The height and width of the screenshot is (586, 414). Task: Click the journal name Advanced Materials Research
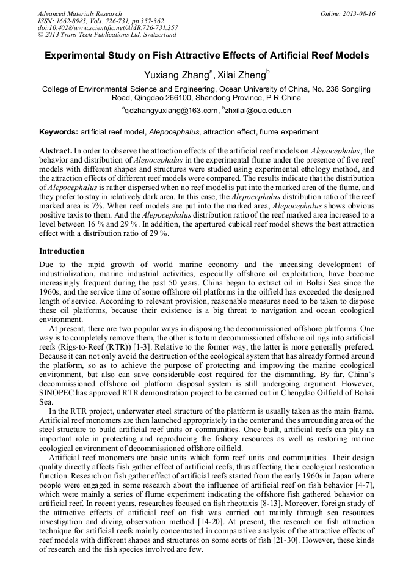(79, 13)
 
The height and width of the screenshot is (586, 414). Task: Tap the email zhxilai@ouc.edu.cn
(259, 111)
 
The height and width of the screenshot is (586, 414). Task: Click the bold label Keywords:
(59, 132)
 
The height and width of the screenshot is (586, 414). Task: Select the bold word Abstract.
(55, 150)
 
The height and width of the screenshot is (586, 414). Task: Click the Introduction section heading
(62, 251)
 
